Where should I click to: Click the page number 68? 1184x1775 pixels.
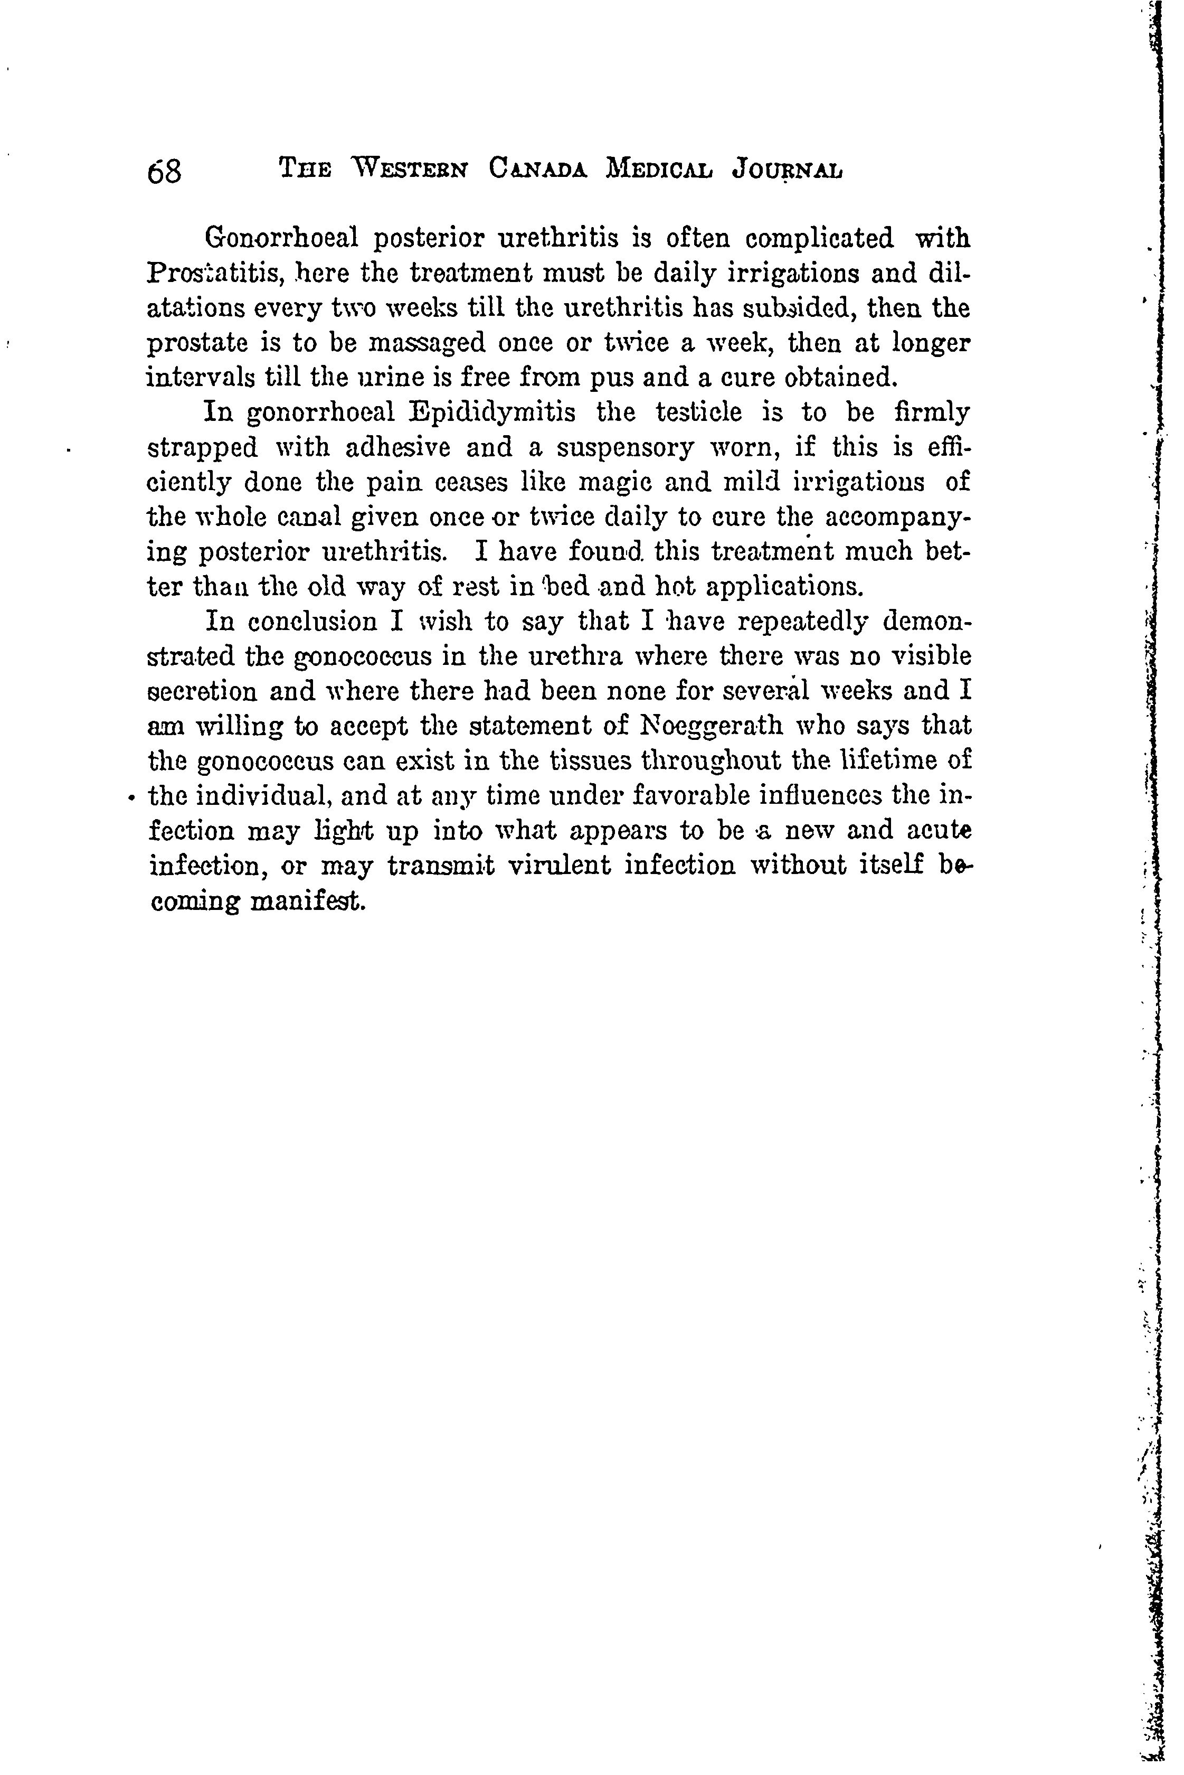click(165, 172)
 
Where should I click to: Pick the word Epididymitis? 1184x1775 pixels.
click(492, 412)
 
